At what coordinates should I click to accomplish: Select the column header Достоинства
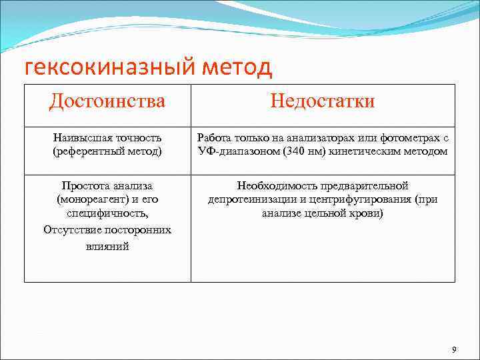coord(107,101)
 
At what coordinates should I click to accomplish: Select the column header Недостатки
coord(323,101)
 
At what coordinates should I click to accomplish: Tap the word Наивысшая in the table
coord(81,137)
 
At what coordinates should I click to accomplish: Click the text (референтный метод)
coord(107,151)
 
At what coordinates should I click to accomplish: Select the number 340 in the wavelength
coord(293,151)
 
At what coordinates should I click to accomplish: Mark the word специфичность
coord(107,214)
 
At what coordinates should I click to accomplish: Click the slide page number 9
coord(454,350)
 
